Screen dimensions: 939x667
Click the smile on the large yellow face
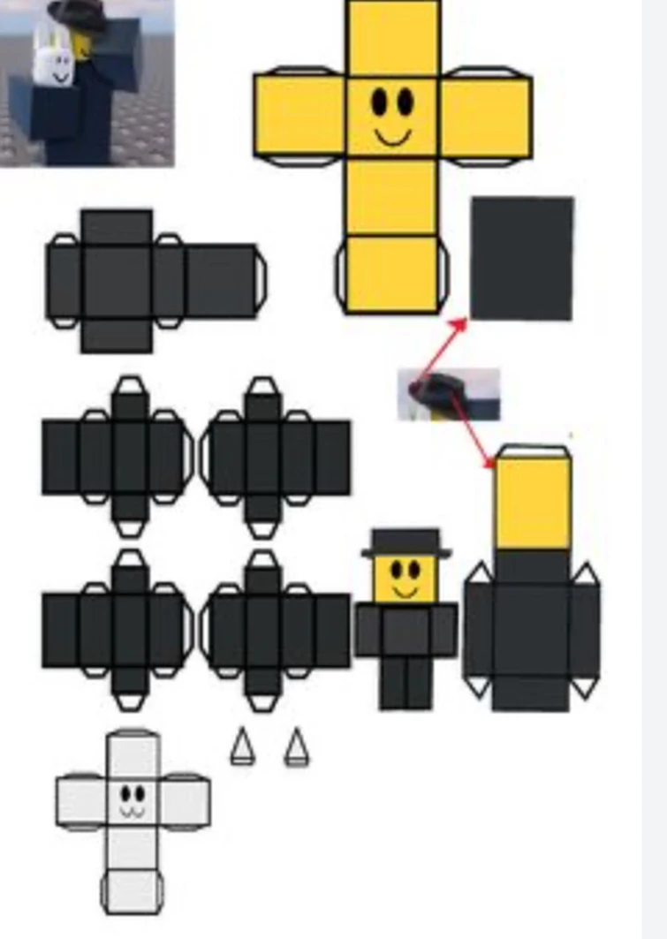tap(392, 136)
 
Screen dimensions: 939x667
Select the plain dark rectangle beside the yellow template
tap(522, 258)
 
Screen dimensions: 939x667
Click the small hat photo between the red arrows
tap(449, 394)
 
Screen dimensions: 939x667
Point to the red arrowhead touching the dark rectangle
tap(459, 324)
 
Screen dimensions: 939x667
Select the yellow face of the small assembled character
tap(406, 578)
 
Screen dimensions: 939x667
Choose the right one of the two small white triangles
tap(297, 747)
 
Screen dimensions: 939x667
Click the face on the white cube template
tap(133, 800)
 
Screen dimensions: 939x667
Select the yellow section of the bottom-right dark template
tap(532, 503)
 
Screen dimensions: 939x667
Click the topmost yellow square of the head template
tap(393, 39)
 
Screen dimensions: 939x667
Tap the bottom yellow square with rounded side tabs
tap(391, 273)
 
